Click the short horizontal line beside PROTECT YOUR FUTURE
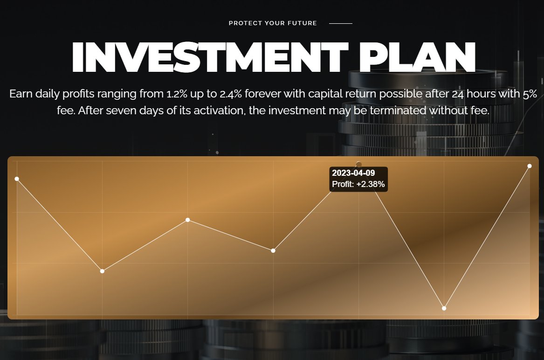click(x=341, y=23)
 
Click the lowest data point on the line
click(x=444, y=308)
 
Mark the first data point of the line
click(x=17, y=179)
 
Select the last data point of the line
click(x=530, y=166)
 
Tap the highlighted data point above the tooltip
click(x=358, y=164)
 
